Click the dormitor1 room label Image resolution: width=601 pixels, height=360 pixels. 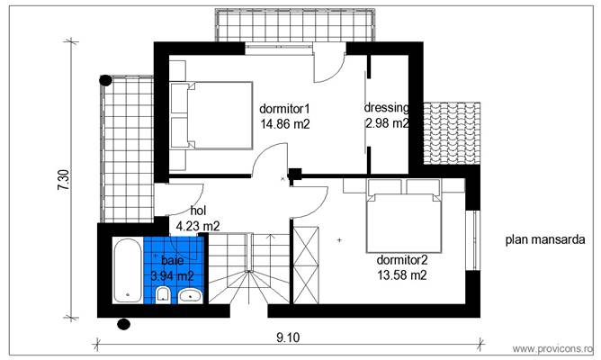pyautogui.click(x=285, y=109)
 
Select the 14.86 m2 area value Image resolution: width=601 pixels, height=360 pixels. pyautogui.click(x=285, y=125)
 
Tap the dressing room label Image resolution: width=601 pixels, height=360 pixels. pyautogui.click(x=387, y=108)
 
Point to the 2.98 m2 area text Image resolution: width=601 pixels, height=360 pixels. pyautogui.click(x=387, y=124)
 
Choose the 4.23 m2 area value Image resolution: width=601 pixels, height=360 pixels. pyautogui.click(x=198, y=227)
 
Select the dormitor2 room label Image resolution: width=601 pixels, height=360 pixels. pyautogui.click(x=401, y=259)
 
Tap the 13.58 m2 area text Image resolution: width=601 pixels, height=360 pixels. pyautogui.click(x=401, y=275)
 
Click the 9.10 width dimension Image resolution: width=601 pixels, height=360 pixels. pyautogui.click(x=288, y=337)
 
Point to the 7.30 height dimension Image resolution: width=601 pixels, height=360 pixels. pyautogui.click(x=61, y=181)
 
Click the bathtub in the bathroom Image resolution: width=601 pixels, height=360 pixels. pyautogui.click(x=124, y=272)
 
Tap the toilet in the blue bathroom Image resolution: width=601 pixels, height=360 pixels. pyautogui.click(x=163, y=296)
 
